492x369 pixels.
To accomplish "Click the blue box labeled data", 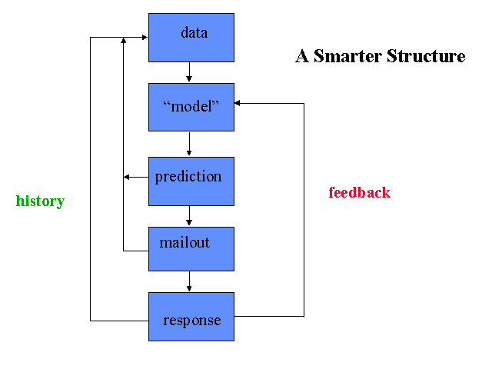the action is pos(191,38).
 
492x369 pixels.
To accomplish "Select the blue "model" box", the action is pos(191,108).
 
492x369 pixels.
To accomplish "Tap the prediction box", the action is pos(191,181).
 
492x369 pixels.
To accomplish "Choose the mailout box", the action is pos(191,249).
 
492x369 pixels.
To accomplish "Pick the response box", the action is pos(191,317).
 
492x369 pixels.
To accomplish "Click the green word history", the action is pos(40,201).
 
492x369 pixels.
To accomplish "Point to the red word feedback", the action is pos(359,192).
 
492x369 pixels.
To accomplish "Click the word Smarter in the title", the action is pos(347,56).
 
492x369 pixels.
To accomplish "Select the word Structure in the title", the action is pos(426,56).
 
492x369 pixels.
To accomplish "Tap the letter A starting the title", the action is pos(302,56).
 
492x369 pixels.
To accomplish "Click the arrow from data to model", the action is pos(189,71).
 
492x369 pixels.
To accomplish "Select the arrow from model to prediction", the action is pos(189,144).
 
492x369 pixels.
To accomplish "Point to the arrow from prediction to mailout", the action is pos(189,215).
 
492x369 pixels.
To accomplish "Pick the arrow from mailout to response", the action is pos(189,281).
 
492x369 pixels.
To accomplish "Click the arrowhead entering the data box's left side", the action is pos(145,38).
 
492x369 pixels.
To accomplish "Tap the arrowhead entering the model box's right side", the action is pos(238,103).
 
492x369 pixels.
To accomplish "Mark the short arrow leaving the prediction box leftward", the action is pos(136,178).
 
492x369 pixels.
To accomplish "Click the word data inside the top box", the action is pos(194,32).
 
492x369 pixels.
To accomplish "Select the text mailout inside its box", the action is pos(184,243).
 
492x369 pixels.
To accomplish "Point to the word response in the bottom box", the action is pos(192,321).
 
